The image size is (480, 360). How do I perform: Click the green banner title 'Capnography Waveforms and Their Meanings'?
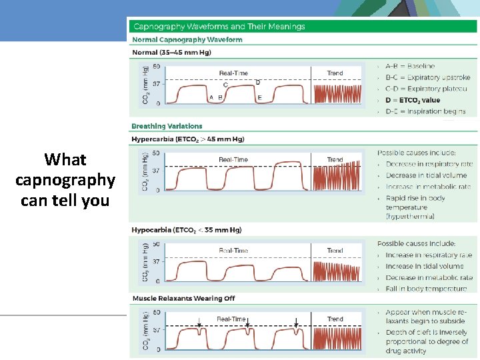pyautogui.click(x=219, y=27)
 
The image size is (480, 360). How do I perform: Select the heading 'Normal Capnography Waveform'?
pyautogui.click(x=187, y=40)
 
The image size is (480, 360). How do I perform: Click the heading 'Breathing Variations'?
pyautogui.click(x=167, y=126)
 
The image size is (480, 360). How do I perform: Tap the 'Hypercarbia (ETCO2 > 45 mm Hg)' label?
pyautogui.click(x=188, y=139)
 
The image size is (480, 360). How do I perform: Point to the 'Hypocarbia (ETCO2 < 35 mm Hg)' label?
pyautogui.click(x=187, y=230)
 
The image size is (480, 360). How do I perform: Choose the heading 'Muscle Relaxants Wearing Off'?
pyautogui.click(x=183, y=298)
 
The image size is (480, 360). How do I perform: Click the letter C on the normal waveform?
pyautogui.click(x=225, y=85)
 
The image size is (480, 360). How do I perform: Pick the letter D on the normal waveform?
pyautogui.click(x=258, y=82)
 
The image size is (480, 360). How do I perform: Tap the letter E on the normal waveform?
pyautogui.click(x=259, y=98)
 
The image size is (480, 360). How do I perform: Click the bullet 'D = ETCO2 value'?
pyautogui.click(x=413, y=100)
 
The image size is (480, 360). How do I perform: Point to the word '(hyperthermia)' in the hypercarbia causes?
pyautogui.click(x=410, y=216)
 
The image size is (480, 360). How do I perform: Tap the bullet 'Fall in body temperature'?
pyautogui.click(x=426, y=289)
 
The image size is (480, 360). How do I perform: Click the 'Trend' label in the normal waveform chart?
pyautogui.click(x=335, y=73)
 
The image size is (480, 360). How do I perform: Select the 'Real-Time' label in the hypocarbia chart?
pyautogui.click(x=233, y=251)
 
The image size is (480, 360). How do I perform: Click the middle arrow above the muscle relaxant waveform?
pyautogui.click(x=247, y=325)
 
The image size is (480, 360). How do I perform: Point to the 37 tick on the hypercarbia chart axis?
pyautogui.click(x=157, y=171)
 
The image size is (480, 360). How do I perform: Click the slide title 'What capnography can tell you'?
pyautogui.click(x=65, y=179)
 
